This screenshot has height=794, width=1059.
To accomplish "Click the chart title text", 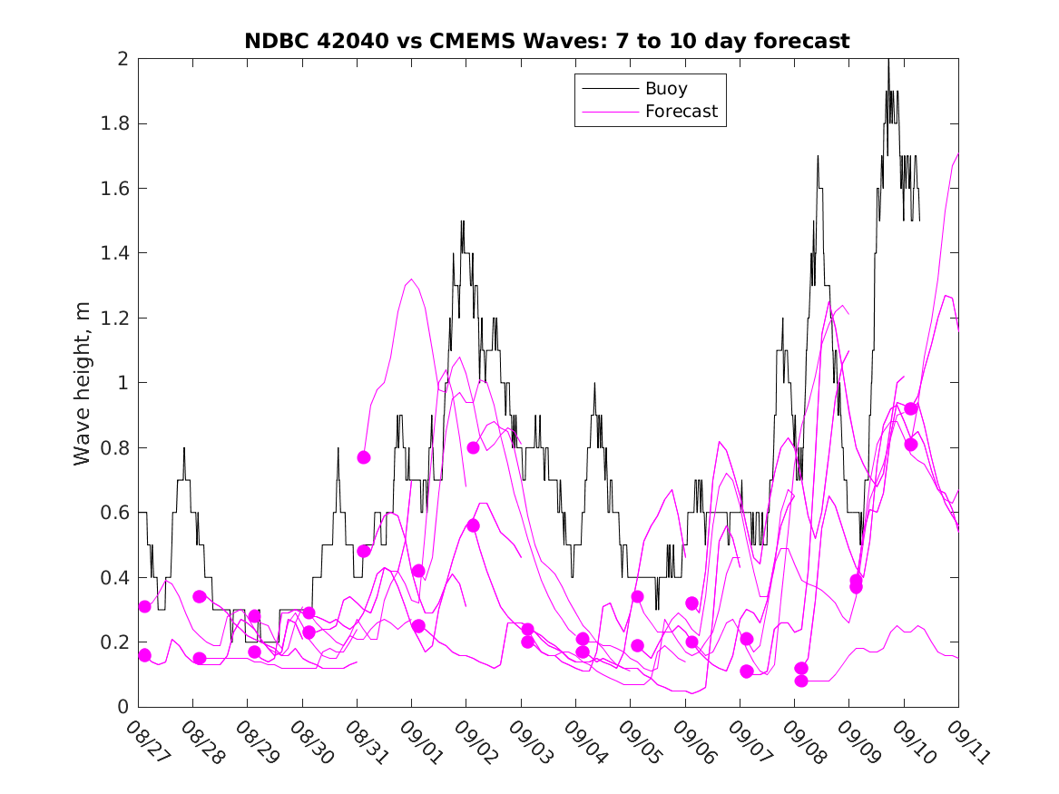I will coord(547,41).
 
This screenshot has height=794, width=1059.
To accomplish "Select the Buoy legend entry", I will coord(666,89).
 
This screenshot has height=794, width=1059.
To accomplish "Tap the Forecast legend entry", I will coord(681,112).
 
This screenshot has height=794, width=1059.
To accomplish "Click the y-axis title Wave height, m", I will coord(83,384).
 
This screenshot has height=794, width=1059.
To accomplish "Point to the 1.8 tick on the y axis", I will coord(117,123).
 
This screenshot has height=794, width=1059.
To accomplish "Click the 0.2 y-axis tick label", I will coord(117,642).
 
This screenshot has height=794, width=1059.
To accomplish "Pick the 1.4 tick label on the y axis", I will coord(117,253).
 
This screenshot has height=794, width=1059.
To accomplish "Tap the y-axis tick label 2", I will coord(124,59).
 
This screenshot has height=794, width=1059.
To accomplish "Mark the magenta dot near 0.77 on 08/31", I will coord(364,457).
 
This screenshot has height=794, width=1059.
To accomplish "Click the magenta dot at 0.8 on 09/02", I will coord(473,447).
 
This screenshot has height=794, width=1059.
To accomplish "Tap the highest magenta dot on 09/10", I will coord(911,408).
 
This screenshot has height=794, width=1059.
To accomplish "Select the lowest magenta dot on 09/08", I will coord(801,681).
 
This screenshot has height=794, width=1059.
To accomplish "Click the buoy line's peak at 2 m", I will coord(888,60).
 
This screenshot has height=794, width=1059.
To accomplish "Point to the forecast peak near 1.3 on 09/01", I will coord(411,279).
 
